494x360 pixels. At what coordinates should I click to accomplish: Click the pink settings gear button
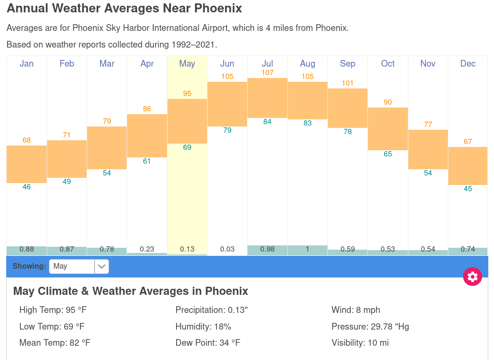tap(472, 277)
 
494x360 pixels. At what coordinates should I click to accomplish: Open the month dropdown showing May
tap(79, 266)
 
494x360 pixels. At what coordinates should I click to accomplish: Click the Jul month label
tap(267, 64)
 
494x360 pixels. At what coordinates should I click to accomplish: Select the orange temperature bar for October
tap(388, 129)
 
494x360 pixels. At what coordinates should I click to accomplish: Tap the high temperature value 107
tap(267, 73)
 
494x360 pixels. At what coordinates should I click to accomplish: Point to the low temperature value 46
tap(27, 187)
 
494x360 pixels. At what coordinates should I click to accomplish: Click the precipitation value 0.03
tap(227, 249)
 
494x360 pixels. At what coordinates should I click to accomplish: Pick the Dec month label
tap(468, 64)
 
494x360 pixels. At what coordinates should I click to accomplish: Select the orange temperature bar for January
tap(27, 164)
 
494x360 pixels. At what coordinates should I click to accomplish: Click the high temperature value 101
tap(347, 83)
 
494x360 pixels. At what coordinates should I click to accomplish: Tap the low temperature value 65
tap(388, 154)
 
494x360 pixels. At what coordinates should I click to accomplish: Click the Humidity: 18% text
tap(203, 327)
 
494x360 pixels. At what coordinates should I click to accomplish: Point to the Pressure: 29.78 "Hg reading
tap(370, 327)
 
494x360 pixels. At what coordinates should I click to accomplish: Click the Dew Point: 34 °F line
tap(207, 343)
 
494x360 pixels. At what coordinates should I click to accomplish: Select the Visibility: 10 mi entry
tap(360, 343)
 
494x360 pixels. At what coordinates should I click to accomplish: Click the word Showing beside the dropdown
tap(29, 266)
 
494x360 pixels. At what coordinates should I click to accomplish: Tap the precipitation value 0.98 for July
tap(267, 249)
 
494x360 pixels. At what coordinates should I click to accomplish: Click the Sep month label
tap(347, 64)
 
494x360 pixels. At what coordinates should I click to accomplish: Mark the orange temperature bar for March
tap(107, 148)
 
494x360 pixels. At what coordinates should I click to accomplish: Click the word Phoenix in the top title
tap(218, 9)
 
